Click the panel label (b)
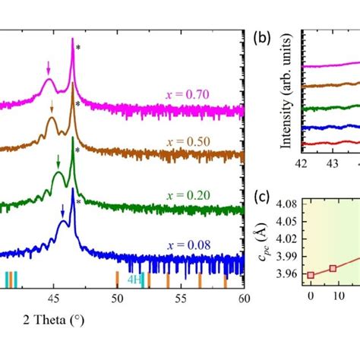[263, 36]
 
